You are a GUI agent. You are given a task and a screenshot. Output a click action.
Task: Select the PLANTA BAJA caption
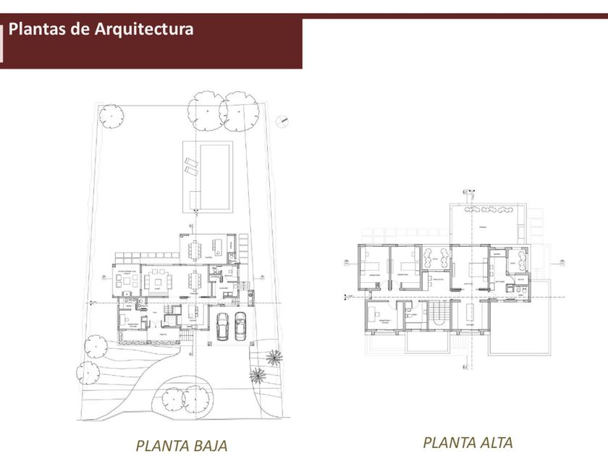click(181, 444)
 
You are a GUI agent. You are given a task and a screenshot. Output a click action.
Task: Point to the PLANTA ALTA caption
click(468, 442)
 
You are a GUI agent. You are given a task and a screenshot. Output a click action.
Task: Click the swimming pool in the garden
click(215, 176)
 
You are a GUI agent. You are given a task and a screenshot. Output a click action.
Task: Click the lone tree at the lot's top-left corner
click(111, 115)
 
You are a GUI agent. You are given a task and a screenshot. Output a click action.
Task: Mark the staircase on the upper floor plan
click(439, 315)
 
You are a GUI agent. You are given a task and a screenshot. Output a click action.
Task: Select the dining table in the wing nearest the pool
click(195, 250)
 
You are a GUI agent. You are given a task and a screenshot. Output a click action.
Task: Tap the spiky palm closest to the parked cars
click(274, 357)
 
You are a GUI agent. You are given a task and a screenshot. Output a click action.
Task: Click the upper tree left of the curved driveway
click(93, 347)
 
